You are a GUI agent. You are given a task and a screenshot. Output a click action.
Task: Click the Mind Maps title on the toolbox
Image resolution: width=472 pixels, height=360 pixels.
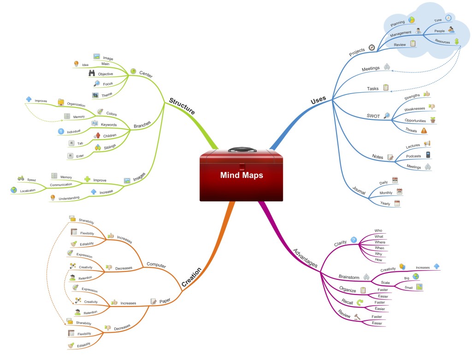[x=242, y=175]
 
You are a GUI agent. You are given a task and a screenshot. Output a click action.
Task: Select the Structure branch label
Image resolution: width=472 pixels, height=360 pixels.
[x=182, y=106]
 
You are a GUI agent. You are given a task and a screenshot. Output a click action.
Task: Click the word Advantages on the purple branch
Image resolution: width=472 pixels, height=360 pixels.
[x=305, y=258]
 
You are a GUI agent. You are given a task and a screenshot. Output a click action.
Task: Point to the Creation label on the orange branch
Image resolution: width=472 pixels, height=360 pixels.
[x=191, y=277]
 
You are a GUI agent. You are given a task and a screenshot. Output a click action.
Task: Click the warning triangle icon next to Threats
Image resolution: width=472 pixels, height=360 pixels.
[x=424, y=130]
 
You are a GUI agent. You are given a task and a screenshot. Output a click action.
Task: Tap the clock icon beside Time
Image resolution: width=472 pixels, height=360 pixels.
[x=448, y=18]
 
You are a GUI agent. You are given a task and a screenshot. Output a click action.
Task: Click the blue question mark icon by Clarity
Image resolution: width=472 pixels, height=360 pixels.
[x=354, y=240]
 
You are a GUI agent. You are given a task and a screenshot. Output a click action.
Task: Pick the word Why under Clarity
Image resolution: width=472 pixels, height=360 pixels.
[x=378, y=254]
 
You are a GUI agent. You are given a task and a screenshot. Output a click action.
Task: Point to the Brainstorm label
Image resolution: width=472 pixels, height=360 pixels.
[x=349, y=277]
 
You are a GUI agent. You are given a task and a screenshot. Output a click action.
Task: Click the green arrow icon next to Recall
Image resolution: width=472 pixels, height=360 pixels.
[x=360, y=302]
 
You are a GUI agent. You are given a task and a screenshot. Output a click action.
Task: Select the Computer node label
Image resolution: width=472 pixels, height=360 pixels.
[x=156, y=265]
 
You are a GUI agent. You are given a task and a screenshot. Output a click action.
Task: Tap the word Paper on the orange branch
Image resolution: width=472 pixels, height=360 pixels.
[x=165, y=301]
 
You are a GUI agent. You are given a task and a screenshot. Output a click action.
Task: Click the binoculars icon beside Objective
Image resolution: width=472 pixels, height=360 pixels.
[x=92, y=73]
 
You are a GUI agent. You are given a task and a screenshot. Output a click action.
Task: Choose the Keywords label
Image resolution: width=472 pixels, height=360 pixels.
[x=108, y=124]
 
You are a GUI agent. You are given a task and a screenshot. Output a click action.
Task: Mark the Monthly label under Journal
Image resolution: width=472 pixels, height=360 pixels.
[x=386, y=193]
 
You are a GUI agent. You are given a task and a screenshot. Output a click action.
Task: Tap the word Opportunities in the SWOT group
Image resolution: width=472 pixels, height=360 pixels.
[x=415, y=121]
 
